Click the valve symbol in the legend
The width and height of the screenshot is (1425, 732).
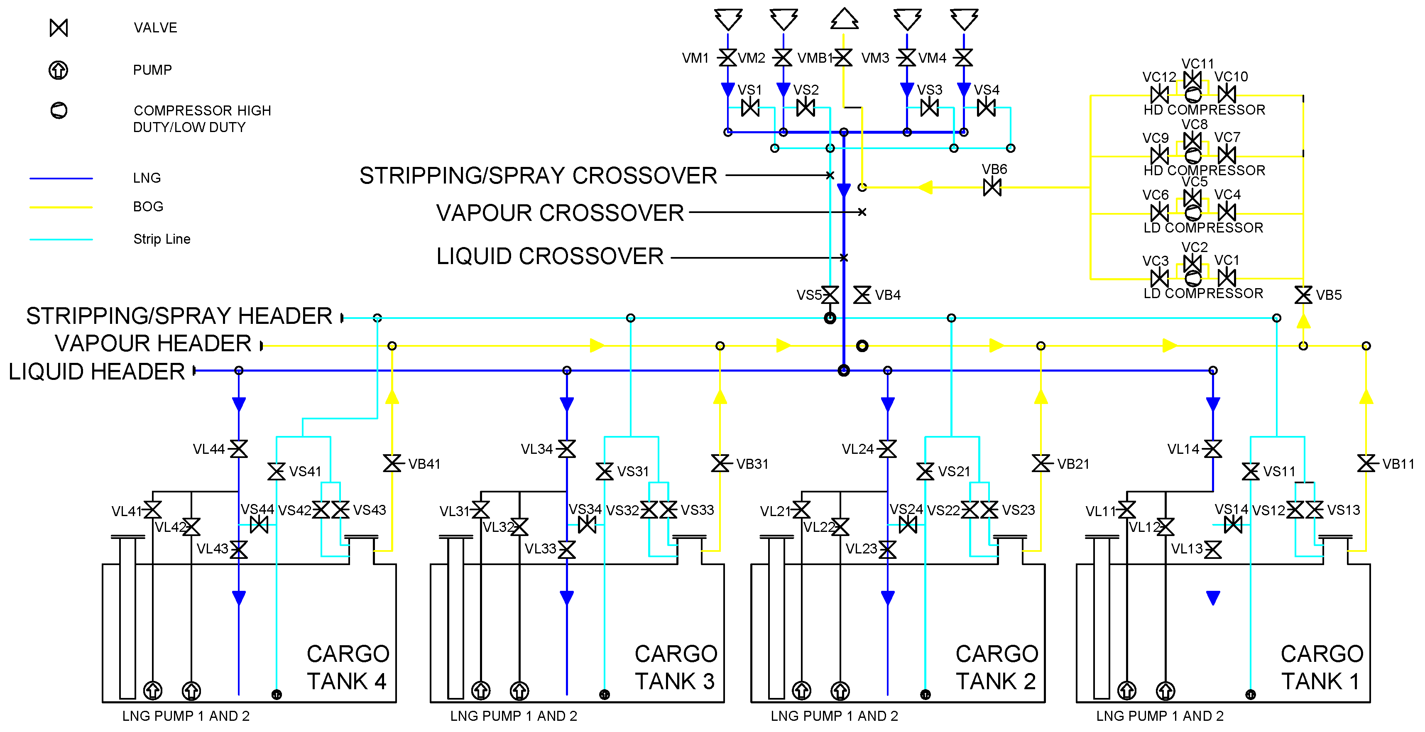coord(59,28)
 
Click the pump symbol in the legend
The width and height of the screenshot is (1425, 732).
coord(59,70)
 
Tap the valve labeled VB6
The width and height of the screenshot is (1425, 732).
coord(992,188)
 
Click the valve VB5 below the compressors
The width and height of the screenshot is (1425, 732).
coord(1303,295)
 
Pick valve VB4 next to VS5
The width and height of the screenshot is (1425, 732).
coord(862,295)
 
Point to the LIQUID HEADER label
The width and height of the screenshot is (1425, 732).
coord(97,371)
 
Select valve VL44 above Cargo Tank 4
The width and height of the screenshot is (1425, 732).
coord(238,449)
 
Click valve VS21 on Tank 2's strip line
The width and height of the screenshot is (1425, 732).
coord(925,471)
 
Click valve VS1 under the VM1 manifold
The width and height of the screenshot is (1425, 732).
coord(750,108)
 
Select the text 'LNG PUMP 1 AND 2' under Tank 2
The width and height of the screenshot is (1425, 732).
coord(834,716)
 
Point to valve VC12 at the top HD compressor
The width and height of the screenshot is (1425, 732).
coord(1159,95)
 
